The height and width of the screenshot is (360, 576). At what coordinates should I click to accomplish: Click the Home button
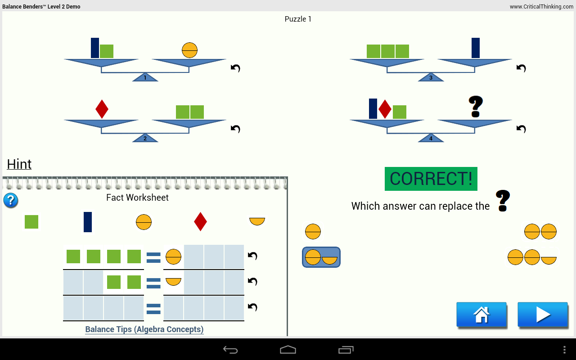[481, 314]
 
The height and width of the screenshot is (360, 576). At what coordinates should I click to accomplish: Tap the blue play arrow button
[542, 314]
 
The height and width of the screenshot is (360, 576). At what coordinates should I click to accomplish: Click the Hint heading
[19, 164]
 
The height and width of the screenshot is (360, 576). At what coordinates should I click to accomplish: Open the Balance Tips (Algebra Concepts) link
[144, 329]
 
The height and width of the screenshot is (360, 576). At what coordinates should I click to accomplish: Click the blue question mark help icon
[11, 200]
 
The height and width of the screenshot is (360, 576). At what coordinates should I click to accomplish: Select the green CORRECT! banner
[431, 179]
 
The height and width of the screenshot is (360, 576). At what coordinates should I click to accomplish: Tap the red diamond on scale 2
[102, 109]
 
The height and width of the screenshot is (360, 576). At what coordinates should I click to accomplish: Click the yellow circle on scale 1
[189, 50]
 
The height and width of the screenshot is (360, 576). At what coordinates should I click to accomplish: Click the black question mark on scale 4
[476, 107]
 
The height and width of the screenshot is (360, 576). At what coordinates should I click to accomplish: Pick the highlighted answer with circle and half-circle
[321, 257]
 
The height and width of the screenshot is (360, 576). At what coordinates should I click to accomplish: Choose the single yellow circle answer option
[313, 232]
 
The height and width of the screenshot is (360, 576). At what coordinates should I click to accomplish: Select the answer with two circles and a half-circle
[532, 257]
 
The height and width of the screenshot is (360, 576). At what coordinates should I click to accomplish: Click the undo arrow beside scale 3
[521, 68]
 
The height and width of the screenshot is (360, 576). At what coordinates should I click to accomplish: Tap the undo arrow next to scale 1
[235, 68]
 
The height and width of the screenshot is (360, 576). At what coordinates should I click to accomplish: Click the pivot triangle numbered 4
[431, 138]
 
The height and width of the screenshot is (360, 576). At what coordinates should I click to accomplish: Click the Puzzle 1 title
[298, 19]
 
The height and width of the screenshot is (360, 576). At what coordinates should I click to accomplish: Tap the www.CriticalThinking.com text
[541, 7]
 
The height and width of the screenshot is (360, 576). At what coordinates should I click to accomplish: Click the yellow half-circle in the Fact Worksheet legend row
[257, 221]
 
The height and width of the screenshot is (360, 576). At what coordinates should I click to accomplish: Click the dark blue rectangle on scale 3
[476, 48]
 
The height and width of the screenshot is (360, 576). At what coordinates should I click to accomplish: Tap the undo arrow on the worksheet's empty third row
[252, 307]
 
